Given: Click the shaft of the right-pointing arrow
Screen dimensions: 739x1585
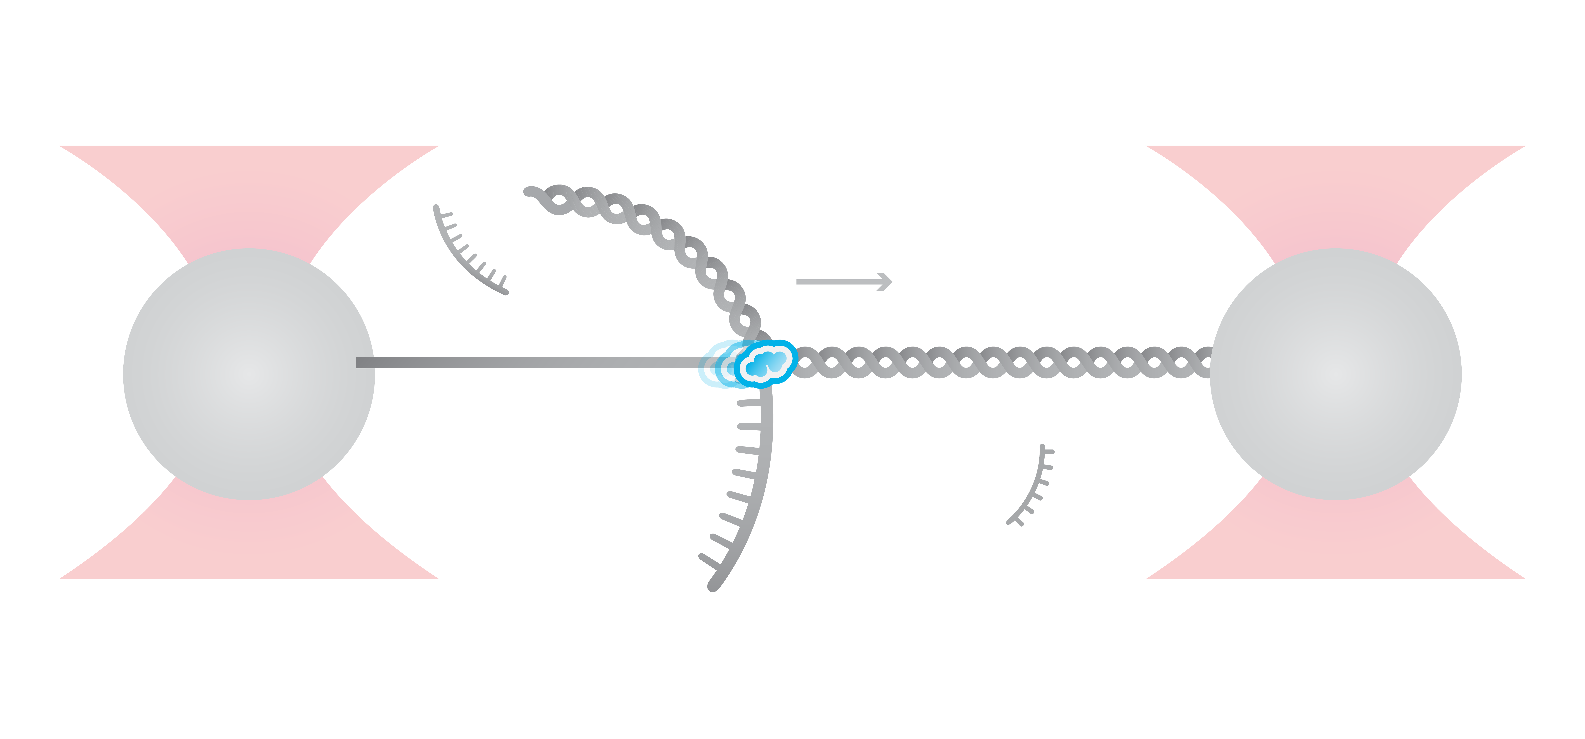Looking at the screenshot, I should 837,282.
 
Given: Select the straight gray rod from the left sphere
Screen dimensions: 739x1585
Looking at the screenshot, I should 529,362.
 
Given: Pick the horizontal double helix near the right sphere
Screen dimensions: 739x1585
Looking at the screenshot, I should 1003,362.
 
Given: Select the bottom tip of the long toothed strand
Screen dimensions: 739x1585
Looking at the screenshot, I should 712,586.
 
